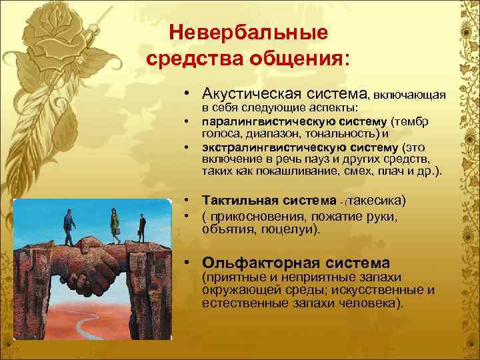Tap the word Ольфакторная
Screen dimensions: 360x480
tap(260, 262)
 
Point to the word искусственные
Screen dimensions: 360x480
tap(388, 290)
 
